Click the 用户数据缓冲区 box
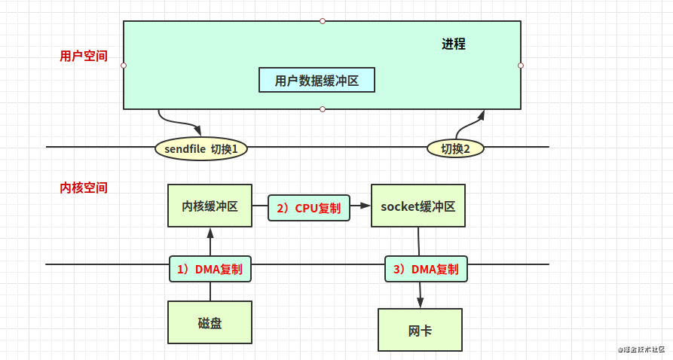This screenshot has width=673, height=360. pos(317,80)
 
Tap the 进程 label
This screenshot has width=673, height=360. pos(454,44)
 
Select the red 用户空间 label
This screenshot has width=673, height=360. pos(83,56)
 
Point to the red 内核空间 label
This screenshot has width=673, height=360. pos(83,188)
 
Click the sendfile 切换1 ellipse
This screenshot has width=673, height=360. pos(201,148)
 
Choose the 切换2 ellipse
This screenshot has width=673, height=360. pos(455,148)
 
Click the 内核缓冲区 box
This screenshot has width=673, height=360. pos(210,206)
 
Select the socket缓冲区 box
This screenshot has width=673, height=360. pos(418,206)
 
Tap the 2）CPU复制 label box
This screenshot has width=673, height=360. pos(308,208)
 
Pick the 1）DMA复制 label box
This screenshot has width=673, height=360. pos(210,269)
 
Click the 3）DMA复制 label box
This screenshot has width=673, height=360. pos(426,269)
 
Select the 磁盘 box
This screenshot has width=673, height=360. pos(210,322)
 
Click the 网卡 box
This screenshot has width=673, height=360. pos(420,330)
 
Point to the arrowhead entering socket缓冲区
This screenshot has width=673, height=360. pos(366,206)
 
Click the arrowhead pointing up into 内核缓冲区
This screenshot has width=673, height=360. pos(210,233)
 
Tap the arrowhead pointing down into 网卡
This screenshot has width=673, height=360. pos(421,303)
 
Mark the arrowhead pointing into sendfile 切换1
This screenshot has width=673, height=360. pos(197,130)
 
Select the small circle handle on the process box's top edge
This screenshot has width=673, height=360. pos(323,21)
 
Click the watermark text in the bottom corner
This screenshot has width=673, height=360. pos(641,349)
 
